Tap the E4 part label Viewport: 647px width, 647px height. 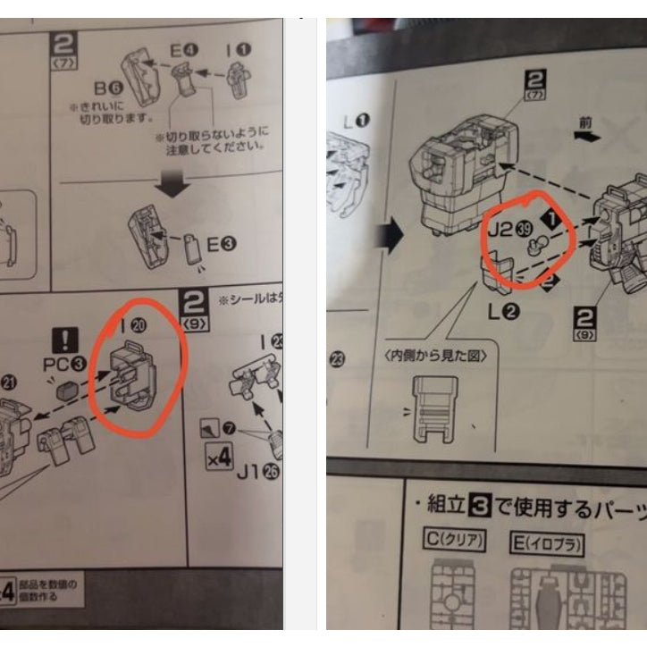pyautogui.click(x=183, y=52)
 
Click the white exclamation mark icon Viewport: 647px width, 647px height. pyautogui.click(x=66, y=340)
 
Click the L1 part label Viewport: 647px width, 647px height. pyautogui.click(x=357, y=119)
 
